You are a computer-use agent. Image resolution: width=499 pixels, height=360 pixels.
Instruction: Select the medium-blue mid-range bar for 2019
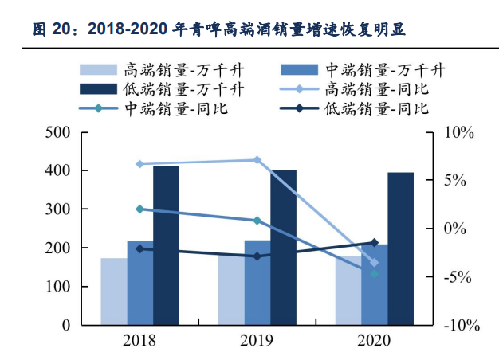tap(257, 282)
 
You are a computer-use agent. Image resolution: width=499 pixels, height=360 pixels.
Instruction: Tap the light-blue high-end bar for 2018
tap(113, 292)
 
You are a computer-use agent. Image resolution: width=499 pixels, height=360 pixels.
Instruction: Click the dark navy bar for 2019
tap(283, 248)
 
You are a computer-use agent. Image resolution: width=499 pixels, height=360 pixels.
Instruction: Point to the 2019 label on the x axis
tap(257, 341)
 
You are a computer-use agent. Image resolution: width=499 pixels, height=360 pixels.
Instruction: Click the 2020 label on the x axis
tap(374, 341)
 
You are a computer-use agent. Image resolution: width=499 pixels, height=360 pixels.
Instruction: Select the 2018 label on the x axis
tap(139, 341)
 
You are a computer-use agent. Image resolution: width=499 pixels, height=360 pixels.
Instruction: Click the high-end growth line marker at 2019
tap(257, 160)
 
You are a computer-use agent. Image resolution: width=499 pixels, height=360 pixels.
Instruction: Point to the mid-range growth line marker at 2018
tap(139, 209)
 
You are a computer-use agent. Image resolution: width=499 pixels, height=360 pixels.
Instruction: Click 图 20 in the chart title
tap(53, 30)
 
